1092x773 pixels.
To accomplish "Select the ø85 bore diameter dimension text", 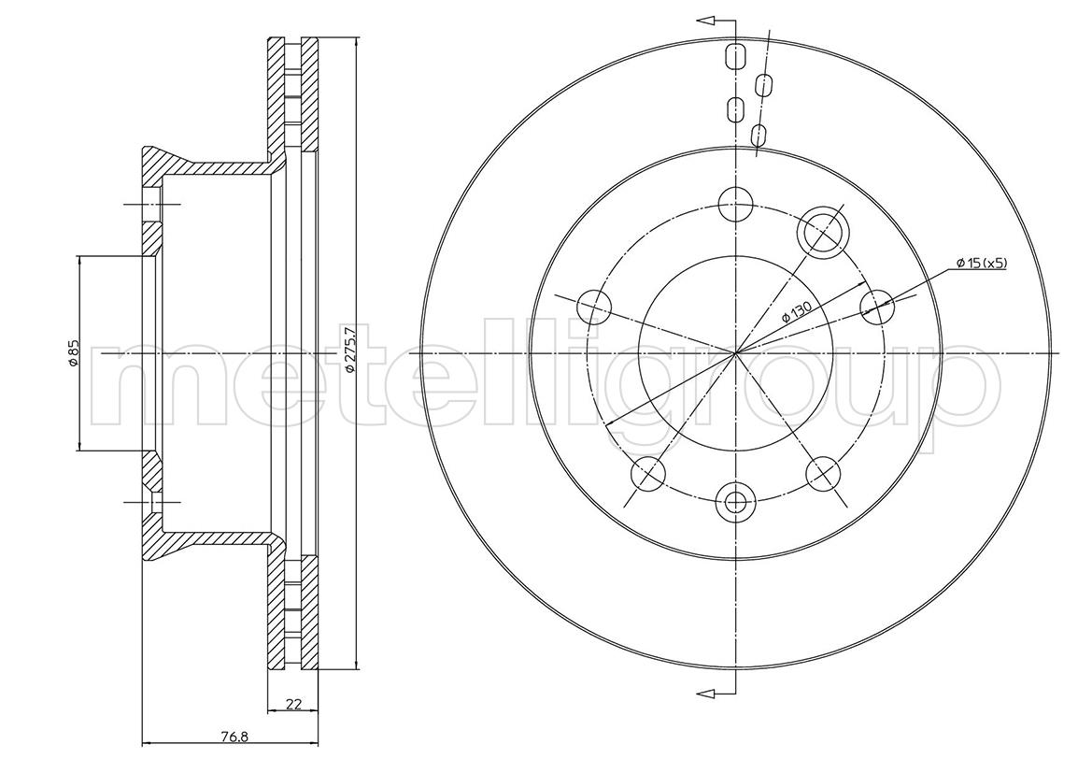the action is coord(72,353).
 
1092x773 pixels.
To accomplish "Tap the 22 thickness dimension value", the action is coord(294,705).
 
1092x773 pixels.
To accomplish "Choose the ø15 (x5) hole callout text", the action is coord(981,263).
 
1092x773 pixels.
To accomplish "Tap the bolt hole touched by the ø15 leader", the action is coord(877,306).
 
